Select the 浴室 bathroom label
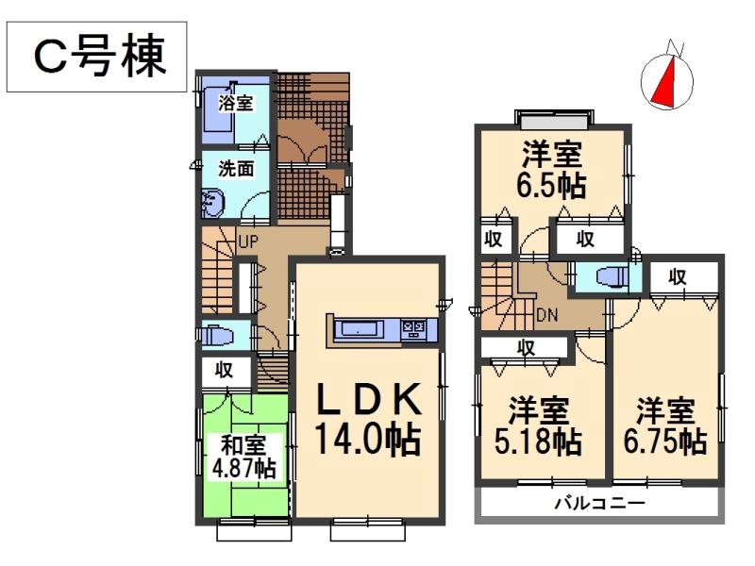[x=235, y=103]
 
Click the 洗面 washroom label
[x=236, y=170]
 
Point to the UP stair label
[x=247, y=242]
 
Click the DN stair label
[x=546, y=314]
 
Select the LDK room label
[x=366, y=401]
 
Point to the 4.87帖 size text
[x=243, y=467]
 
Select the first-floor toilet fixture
[x=216, y=335]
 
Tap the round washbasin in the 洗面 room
[x=211, y=200]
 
